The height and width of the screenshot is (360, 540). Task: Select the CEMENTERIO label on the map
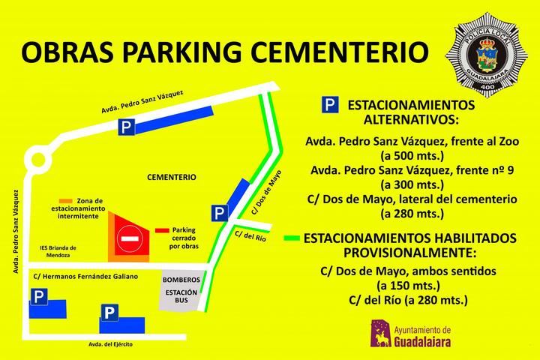point(171,178)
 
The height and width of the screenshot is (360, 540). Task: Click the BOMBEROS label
point(181,278)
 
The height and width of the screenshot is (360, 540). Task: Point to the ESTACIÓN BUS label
point(181,297)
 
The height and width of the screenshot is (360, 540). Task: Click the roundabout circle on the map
point(35,160)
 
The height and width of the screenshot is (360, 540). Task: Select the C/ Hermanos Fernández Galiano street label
point(86,277)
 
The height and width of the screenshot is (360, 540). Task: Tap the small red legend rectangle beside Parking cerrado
point(161,230)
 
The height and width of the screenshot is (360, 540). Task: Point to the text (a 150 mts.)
point(412,286)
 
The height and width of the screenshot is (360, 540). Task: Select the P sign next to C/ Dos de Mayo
point(218,214)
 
